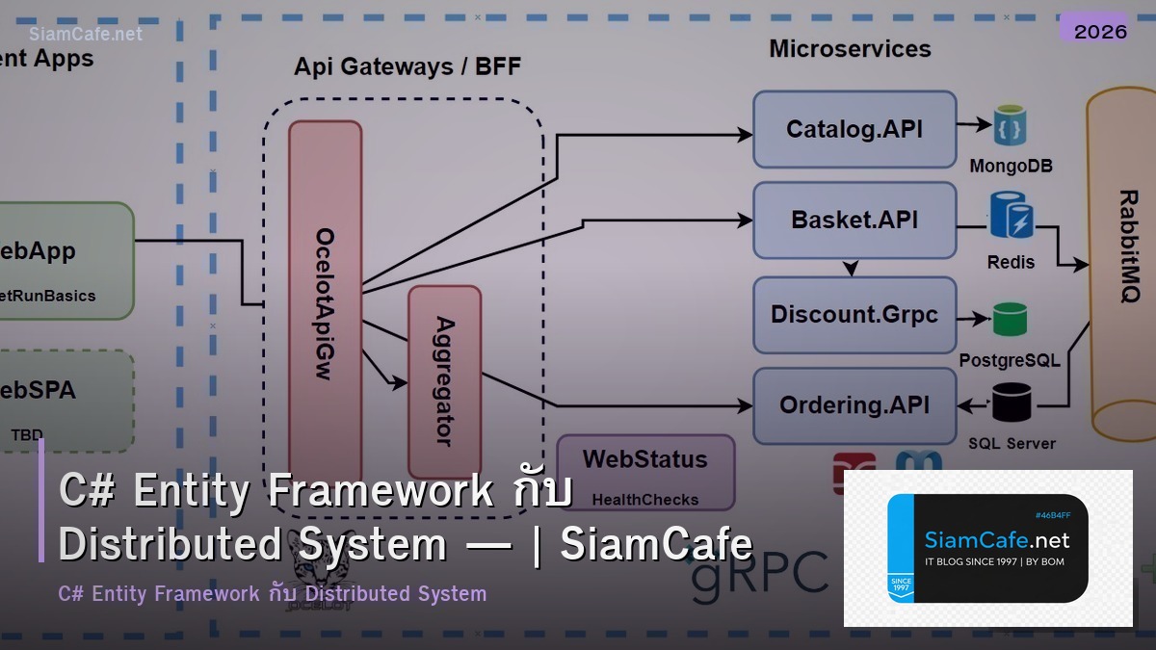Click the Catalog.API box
(x=854, y=129)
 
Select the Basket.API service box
(x=854, y=221)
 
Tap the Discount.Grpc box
(x=854, y=315)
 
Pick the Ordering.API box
(x=854, y=405)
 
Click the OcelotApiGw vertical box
(x=326, y=299)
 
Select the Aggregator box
(x=444, y=380)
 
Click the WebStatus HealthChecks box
(x=645, y=472)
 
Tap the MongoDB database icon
(x=1011, y=125)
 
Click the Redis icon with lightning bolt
(x=1011, y=216)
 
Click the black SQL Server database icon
(x=1011, y=403)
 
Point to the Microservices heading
(x=850, y=49)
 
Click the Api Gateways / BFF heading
(x=407, y=66)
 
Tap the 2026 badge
(x=1100, y=31)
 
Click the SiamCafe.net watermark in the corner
(x=86, y=34)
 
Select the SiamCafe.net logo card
(x=987, y=548)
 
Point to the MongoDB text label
(x=1011, y=166)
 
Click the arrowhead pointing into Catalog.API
(x=746, y=136)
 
